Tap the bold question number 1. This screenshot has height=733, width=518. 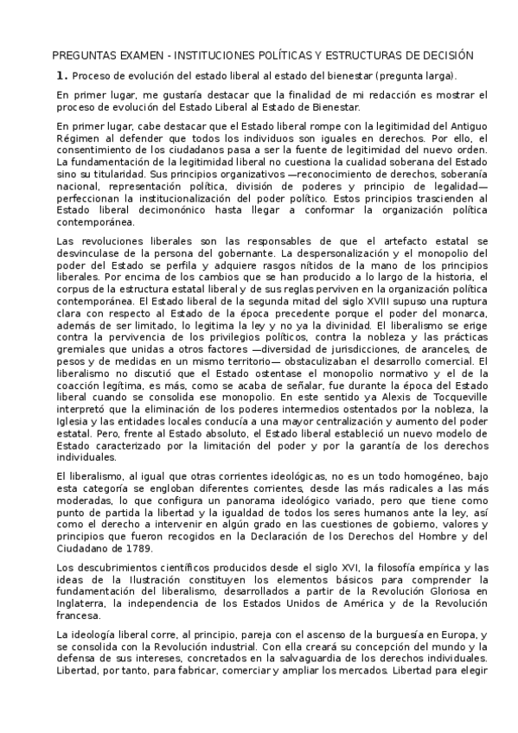61,75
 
